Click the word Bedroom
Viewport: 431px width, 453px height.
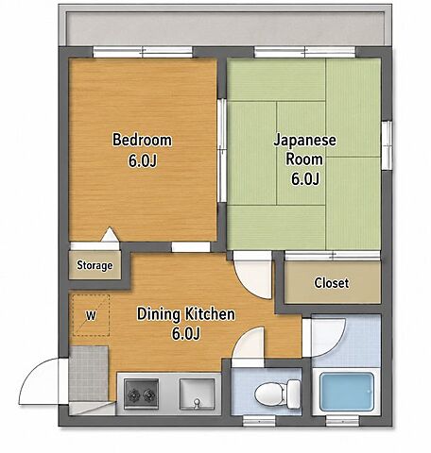point(142,141)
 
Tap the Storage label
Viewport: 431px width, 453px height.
point(95,265)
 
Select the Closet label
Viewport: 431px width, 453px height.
point(332,283)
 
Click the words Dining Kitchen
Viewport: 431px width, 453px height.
point(186,314)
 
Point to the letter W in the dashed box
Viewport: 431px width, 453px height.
point(91,315)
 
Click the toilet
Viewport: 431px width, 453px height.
point(277,394)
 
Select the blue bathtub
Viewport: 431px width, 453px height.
point(347,392)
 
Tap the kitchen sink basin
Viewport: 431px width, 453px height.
point(197,394)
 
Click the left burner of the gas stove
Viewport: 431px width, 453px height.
point(133,394)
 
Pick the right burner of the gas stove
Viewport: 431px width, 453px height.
point(149,394)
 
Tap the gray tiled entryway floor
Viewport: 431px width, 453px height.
point(89,374)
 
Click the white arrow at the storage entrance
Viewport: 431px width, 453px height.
point(110,234)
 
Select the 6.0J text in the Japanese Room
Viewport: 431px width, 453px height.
point(305,179)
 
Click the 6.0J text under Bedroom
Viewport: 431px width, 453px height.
point(143,160)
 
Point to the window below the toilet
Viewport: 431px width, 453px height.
point(259,421)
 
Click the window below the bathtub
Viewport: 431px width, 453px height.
point(342,421)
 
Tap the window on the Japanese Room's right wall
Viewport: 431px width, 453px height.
point(387,145)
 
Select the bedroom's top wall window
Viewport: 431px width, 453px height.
point(143,52)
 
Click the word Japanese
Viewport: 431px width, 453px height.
point(304,141)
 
